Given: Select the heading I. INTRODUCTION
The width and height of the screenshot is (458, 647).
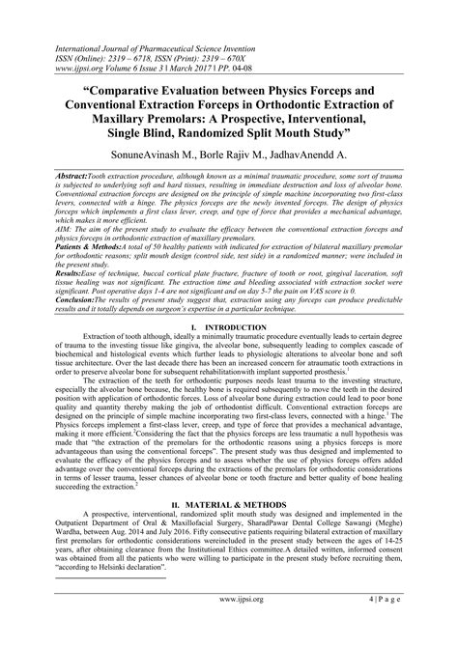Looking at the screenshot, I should (x=229, y=329).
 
